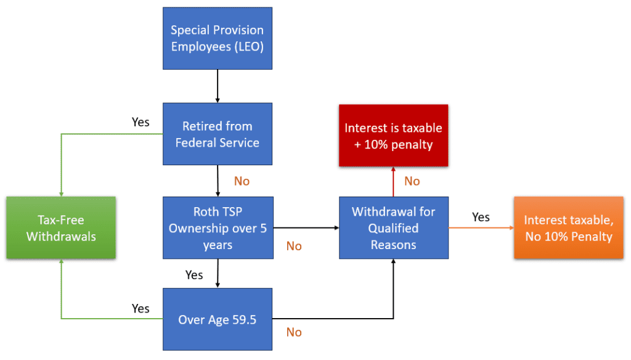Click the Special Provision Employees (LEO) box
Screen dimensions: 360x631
click(217, 38)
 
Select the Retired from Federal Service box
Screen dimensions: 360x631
click(217, 134)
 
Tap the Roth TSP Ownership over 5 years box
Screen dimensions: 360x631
click(217, 227)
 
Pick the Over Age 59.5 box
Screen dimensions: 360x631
click(217, 319)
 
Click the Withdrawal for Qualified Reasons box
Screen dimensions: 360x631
click(393, 227)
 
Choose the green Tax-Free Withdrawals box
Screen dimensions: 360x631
click(61, 227)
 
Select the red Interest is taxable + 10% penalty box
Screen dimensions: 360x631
click(393, 136)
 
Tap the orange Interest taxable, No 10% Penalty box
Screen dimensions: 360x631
click(568, 227)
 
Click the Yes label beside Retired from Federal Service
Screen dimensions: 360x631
click(140, 122)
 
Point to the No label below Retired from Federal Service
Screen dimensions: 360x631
click(242, 181)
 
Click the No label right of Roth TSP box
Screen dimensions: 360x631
click(294, 246)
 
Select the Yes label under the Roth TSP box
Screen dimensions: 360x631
click(194, 275)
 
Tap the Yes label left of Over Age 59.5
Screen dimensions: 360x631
click(140, 308)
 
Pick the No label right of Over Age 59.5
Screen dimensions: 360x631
click(294, 332)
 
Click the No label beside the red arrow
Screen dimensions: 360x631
click(412, 181)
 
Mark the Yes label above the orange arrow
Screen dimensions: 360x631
click(481, 217)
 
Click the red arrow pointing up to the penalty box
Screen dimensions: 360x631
click(393, 182)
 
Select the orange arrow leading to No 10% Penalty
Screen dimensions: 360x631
click(481, 227)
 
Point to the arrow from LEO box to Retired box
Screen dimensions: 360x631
click(217, 86)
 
